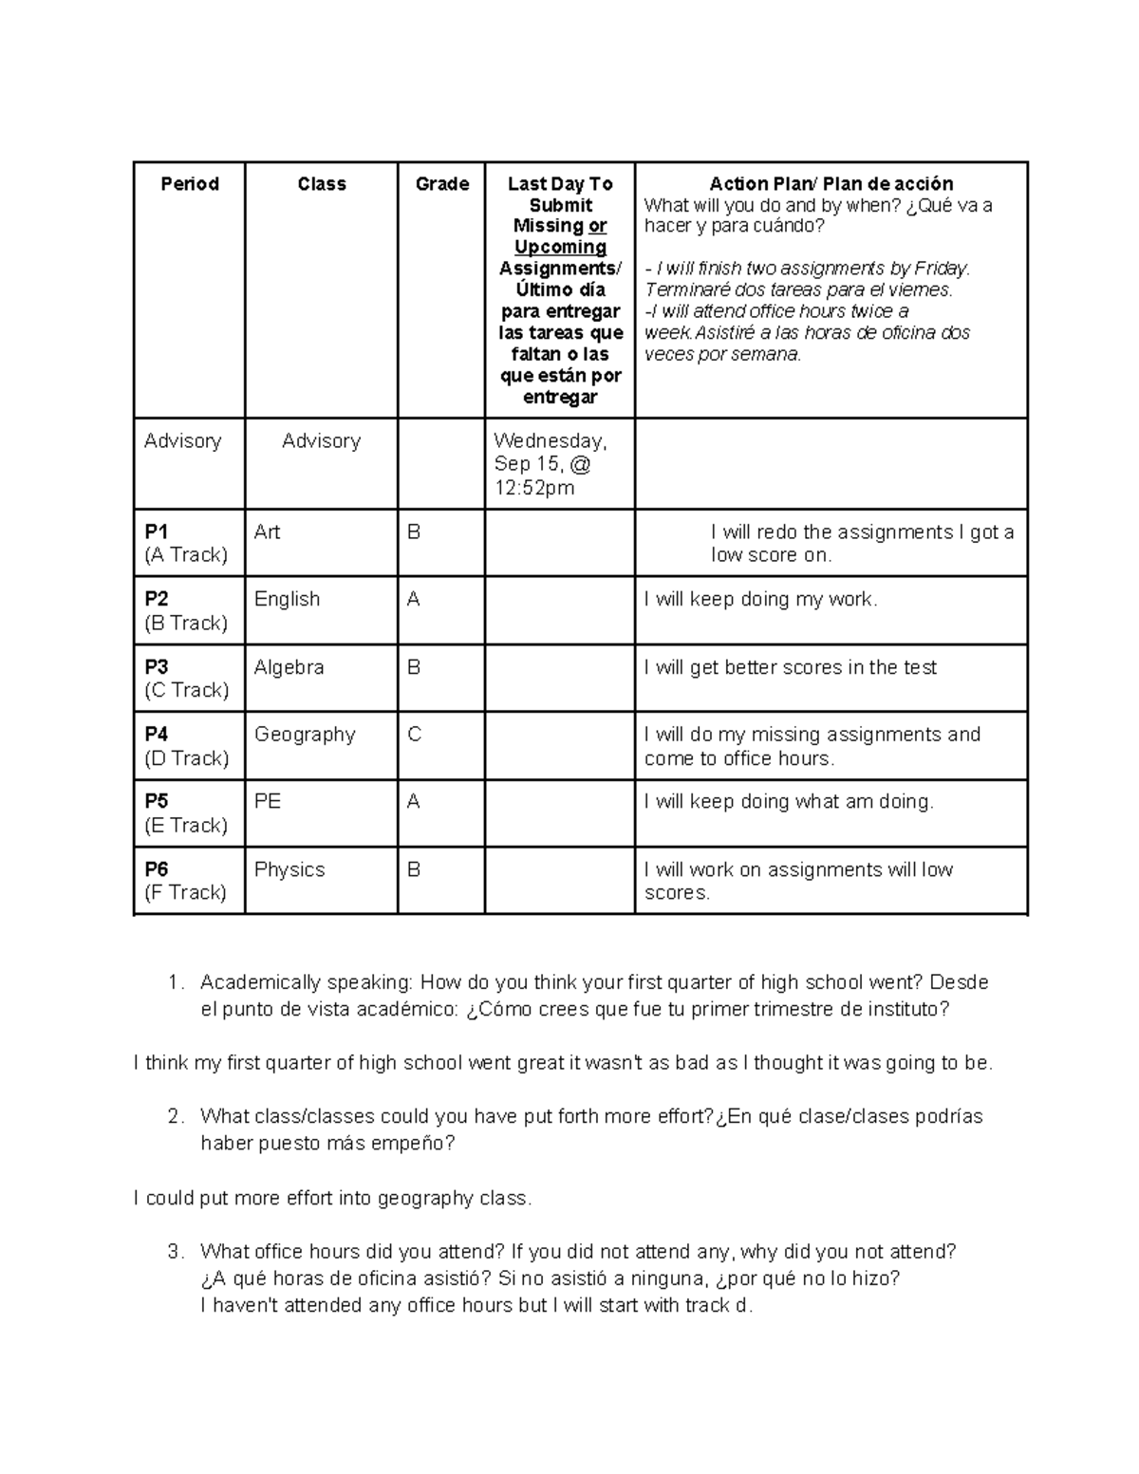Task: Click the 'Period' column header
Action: coord(190,184)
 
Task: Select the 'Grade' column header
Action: coord(442,184)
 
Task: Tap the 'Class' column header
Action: coord(321,184)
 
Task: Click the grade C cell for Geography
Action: coord(414,735)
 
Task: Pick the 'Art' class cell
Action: coord(267,532)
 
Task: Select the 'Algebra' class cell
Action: coord(289,667)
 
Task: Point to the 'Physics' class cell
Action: coord(289,869)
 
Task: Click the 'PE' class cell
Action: coord(268,802)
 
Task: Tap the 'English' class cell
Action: coord(287,600)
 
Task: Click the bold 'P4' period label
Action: coord(157,735)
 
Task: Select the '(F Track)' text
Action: coord(186,892)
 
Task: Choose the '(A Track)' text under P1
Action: coord(186,555)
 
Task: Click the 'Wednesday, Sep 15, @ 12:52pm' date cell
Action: coord(551,464)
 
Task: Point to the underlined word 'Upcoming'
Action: coord(560,247)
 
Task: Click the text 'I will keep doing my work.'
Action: coord(760,600)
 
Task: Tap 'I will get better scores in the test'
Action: coord(790,667)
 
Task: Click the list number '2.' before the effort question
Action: coord(175,1116)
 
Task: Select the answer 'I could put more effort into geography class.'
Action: coord(333,1198)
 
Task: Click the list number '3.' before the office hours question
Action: coord(175,1252)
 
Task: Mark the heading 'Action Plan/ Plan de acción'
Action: coord(831,184)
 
